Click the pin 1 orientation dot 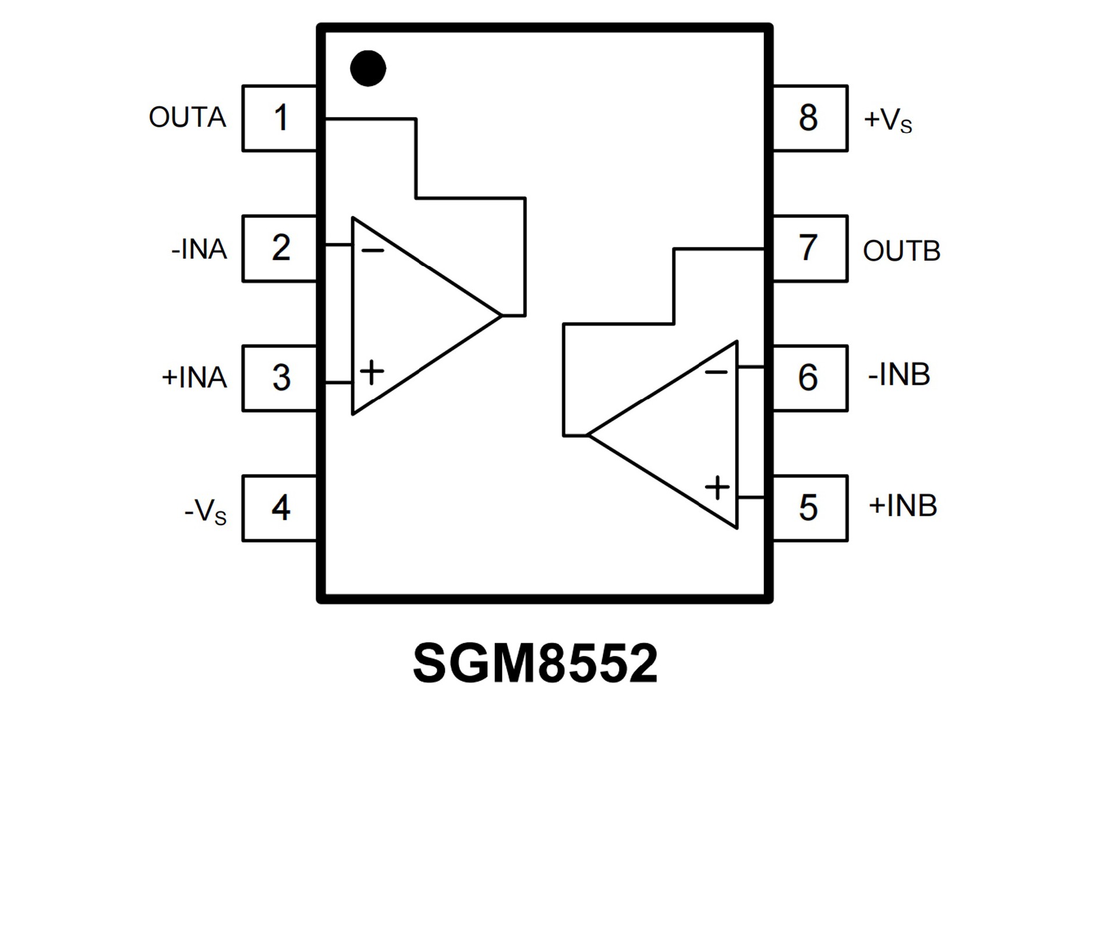click(368, 68)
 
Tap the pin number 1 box click(280, 118)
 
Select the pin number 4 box click(280, 508)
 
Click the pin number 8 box click(809, 118)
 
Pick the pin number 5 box click(809, 508)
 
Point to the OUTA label click(187, 118)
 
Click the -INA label click(199, 249)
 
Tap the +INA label click(194, 377)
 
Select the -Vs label click(205, 512)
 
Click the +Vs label click(887, 120)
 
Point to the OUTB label click(901, 251)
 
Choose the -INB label click(899, 374)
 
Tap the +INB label click(903, 505)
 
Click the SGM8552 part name click(535, 664)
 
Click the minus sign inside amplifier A click(373, 251)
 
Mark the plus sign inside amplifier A click(372, 372)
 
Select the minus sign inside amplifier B click(716, 371)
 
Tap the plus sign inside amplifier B click(717, 487)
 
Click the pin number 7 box click(809, 249)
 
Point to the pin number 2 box click(280, 249)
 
